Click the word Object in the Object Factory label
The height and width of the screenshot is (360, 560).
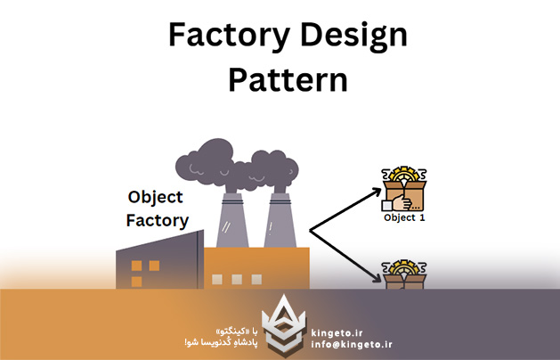155,197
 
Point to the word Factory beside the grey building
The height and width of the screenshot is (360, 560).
158,219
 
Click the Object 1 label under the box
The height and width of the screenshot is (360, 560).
403,217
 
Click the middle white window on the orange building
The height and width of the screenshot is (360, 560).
236,279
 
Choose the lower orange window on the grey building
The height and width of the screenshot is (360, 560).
136,281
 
